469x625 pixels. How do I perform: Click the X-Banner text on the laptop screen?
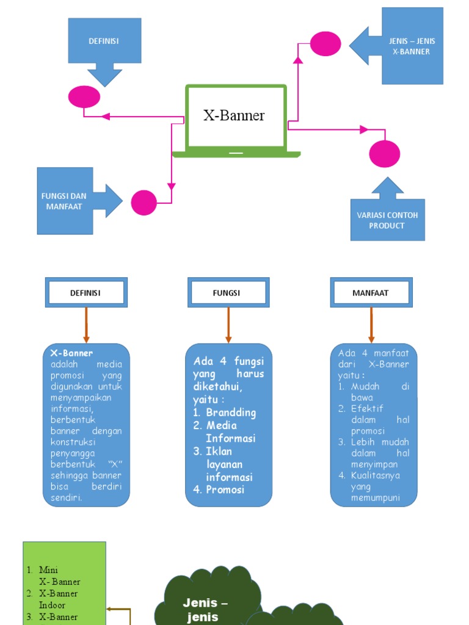234,115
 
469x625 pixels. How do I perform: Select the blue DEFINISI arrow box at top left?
104,42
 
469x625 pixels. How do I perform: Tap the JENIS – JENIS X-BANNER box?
412,46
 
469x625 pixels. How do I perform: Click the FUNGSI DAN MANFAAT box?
65,201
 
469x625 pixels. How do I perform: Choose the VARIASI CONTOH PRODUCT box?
387,220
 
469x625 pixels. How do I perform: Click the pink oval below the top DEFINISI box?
84,97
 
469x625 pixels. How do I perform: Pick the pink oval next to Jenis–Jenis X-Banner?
325,43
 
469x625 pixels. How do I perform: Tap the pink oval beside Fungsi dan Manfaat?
144,203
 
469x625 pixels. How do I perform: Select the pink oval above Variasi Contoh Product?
385,154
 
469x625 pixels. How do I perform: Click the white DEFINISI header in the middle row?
86,293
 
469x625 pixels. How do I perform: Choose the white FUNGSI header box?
228,293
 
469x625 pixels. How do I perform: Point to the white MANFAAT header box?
371,293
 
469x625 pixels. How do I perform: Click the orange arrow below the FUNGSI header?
228,325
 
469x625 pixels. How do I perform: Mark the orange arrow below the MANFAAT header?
371,325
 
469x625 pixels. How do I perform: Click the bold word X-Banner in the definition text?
71,353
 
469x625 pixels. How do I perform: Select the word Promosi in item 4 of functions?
225,490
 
